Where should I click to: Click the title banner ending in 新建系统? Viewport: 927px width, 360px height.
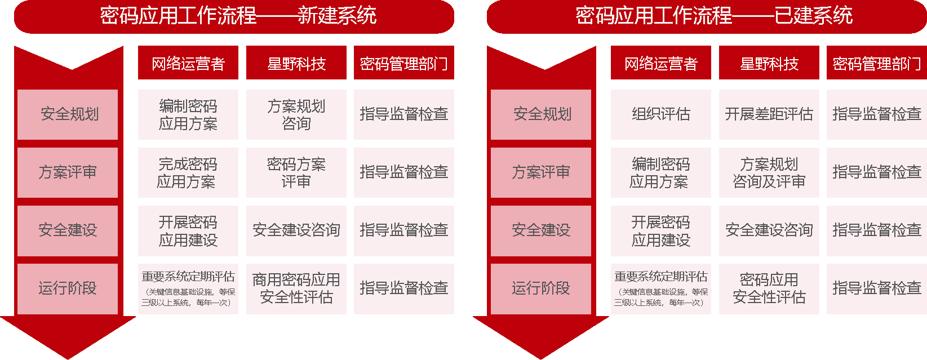[234, 16]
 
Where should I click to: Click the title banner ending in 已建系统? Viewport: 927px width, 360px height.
[707, 16]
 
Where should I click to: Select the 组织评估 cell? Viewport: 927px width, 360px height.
[661, 114]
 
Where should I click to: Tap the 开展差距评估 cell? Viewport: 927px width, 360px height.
[769, 114]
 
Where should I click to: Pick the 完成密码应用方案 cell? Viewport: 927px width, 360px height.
[188, 172]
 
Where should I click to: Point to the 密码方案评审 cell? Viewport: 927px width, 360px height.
[296, 172]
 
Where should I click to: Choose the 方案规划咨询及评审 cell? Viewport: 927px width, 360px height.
[769, 172]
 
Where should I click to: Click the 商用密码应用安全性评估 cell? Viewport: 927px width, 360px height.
[296, 289]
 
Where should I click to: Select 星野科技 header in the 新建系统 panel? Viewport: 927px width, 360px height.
[296, 63]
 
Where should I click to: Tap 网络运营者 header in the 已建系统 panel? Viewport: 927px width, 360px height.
[661, 63]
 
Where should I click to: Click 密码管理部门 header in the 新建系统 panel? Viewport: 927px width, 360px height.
[404, 63]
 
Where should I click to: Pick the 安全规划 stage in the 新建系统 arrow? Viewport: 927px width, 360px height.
[68, 114]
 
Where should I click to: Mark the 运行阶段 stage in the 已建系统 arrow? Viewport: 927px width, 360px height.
[541, 289]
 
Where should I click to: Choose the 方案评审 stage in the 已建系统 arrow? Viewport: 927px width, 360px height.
[541, 172]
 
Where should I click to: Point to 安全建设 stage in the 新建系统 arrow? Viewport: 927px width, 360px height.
[68, 230]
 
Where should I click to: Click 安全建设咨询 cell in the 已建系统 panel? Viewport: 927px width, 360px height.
[769, 230]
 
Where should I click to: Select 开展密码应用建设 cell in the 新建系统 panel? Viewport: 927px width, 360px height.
[188, 230]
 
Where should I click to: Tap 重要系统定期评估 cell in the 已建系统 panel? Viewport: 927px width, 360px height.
[661, 289]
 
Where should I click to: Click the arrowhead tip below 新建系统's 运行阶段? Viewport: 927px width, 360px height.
[68, 359]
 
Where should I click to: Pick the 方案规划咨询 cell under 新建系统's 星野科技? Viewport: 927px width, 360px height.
[296, 114]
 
